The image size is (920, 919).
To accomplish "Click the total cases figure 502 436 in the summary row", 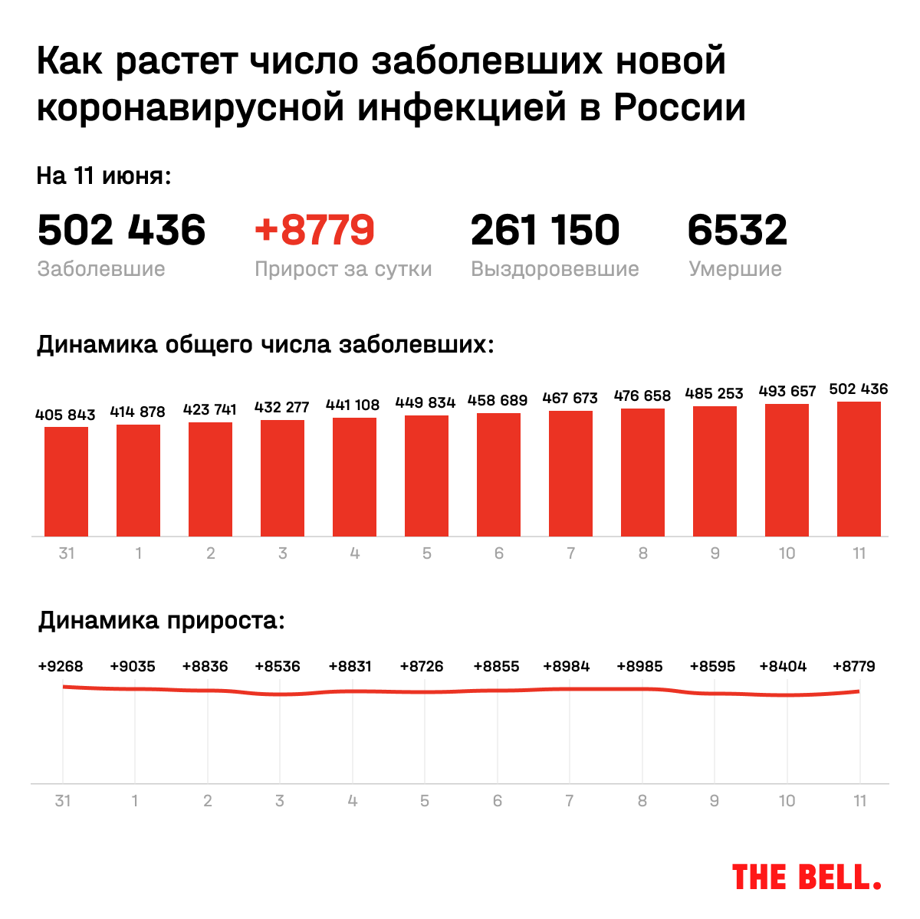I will tap(121, 230).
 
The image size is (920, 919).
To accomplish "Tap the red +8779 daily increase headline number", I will tap(314, 230).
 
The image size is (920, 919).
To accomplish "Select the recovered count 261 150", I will tap(545, 230).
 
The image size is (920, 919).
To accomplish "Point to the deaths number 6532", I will tap(737, 230).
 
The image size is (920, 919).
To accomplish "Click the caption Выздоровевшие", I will tap(554, 269).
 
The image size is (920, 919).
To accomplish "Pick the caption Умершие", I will tap(734, 269).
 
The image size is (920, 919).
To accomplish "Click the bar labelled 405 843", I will tap(66, 481).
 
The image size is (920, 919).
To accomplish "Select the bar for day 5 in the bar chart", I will tap(426, 475).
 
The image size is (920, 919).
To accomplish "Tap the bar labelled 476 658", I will tap(642, 472).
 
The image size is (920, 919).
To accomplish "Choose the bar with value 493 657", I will tap(787, 470).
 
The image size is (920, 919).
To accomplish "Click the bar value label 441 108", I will tap(353, 405).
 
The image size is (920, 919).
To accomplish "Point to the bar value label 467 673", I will tap(570, 398).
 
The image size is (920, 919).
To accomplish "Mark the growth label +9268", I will tap(61, 666).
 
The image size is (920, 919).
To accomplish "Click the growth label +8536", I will tap(278, 666).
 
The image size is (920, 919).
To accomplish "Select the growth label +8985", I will tap(639, 666).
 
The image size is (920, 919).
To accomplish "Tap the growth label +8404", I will tap(783, 666).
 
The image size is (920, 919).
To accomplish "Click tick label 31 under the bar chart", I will tap(66, 553).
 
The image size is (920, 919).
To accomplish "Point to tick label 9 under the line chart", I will tap(715, 800).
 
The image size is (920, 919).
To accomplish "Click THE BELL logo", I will tap(806, 877).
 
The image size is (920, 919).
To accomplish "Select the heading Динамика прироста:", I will tap(162, 620).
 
